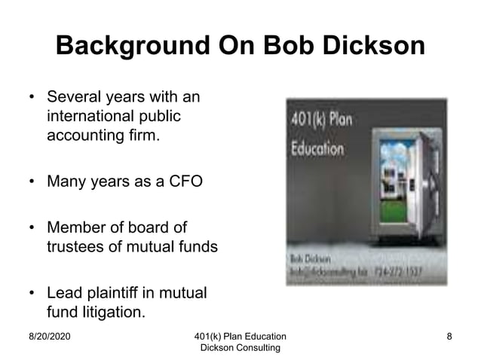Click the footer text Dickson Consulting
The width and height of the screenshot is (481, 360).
240,347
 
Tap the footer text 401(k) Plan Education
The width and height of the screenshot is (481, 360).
240,336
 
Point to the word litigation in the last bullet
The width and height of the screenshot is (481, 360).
110,310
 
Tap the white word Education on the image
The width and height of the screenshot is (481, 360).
317,148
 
